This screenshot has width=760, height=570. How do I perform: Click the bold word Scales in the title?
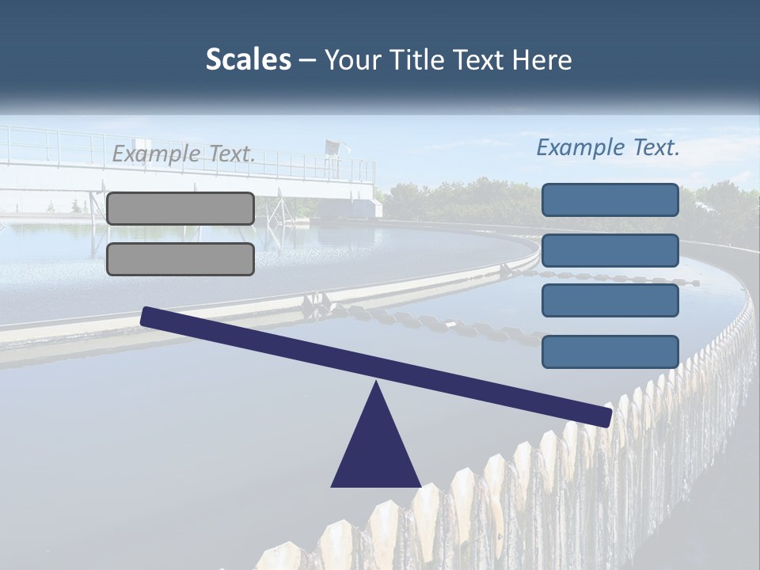point(248,59)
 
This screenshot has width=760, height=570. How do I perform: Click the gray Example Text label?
point(184,154)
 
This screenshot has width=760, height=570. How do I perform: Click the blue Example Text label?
point(608,147)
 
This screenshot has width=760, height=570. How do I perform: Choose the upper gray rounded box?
point(180,208)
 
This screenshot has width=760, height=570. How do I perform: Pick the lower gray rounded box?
point(180,259)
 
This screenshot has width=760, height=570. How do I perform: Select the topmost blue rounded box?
point(610,199)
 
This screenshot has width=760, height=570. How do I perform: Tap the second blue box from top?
point(610,250)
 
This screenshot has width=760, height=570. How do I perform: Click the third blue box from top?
point(610,300)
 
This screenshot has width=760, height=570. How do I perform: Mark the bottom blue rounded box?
point(610,351)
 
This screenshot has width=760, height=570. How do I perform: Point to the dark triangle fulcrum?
point(376,447)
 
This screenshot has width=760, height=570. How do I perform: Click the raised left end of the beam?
point(147,315)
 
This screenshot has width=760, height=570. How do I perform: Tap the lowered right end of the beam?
point(606,416)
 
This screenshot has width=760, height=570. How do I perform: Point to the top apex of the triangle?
point(376,384)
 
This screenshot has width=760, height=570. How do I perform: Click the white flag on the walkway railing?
point(332,146)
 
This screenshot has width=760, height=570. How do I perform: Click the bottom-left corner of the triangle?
point(332,485)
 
